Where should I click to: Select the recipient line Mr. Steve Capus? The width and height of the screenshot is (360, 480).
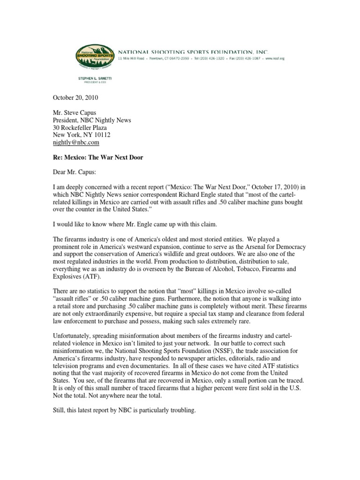pos(73,112)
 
